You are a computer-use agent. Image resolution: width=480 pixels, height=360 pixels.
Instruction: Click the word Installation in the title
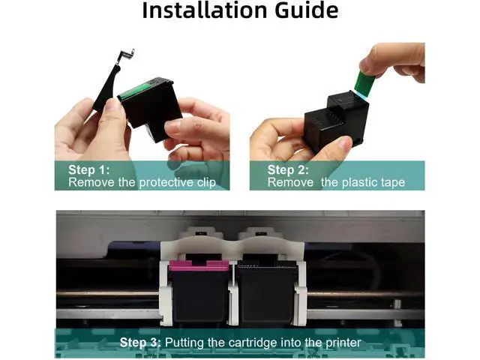point(205,10)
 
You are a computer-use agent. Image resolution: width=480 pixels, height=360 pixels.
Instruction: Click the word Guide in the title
point(307,10)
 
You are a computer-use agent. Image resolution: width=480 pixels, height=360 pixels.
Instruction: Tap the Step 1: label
point(88,169)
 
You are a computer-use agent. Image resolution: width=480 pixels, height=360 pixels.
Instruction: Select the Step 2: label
point(288,169)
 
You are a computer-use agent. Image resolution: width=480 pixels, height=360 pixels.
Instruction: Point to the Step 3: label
point(140,342)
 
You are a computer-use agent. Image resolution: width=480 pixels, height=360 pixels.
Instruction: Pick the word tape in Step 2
point(393,182)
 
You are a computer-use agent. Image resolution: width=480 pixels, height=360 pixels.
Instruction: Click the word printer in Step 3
point(343,343)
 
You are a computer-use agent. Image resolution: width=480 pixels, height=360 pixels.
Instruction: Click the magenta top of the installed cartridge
point(199,265)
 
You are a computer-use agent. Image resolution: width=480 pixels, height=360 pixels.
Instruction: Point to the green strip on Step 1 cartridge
point(135,91)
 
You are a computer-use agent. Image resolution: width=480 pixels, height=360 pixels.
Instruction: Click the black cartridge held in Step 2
point(336,121)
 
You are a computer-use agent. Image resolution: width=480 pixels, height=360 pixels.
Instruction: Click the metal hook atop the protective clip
point(125,55)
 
